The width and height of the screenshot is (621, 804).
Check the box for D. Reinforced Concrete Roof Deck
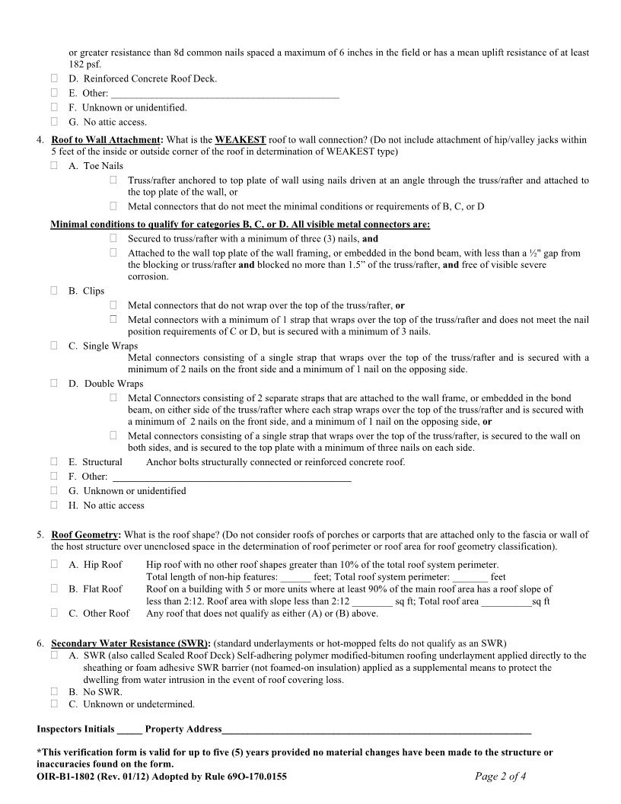(55, 78)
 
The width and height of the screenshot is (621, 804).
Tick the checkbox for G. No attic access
(55, 122)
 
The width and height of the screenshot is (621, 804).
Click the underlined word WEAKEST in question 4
(240, 140)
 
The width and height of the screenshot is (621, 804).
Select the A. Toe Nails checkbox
(55, 165)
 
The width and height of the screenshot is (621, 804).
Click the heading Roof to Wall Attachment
(106, 140)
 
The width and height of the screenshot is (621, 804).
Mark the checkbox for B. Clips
(55, 291)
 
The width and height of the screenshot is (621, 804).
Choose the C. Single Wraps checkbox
(55, 346)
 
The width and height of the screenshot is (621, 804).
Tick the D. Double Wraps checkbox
(55, 384)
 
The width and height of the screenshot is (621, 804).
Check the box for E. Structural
(55, 461)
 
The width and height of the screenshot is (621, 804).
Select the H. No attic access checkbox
(55, 505)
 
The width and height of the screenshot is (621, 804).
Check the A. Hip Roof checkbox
(55, 564)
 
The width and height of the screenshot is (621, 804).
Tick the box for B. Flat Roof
(55, 589)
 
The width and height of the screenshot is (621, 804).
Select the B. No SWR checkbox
(55, 691)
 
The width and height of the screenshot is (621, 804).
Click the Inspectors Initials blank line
(129, 732)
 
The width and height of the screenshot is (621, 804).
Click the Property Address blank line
(377, 732)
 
